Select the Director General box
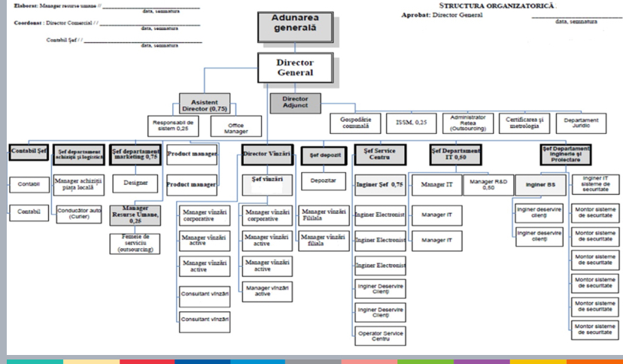295,67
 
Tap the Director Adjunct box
295,102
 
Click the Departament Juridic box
581,123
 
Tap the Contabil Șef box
29,153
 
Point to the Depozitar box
323,182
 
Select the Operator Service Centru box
380,335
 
